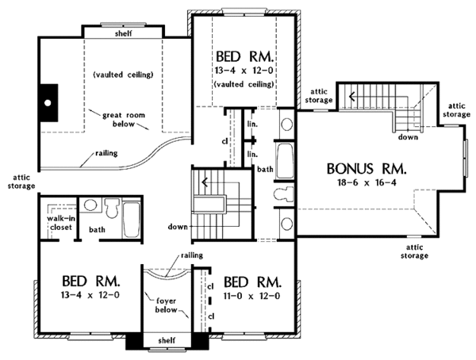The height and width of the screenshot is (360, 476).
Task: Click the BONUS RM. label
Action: tap(367, 169)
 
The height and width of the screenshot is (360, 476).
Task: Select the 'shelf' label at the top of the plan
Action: tap(124, 33)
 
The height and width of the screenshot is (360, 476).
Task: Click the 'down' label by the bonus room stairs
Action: tap(409, 136)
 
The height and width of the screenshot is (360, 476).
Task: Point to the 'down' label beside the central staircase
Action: tap(177, 227)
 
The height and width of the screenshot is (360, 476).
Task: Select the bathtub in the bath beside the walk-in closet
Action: tap(132, 217)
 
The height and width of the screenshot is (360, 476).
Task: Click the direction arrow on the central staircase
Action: tap(205, 183)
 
